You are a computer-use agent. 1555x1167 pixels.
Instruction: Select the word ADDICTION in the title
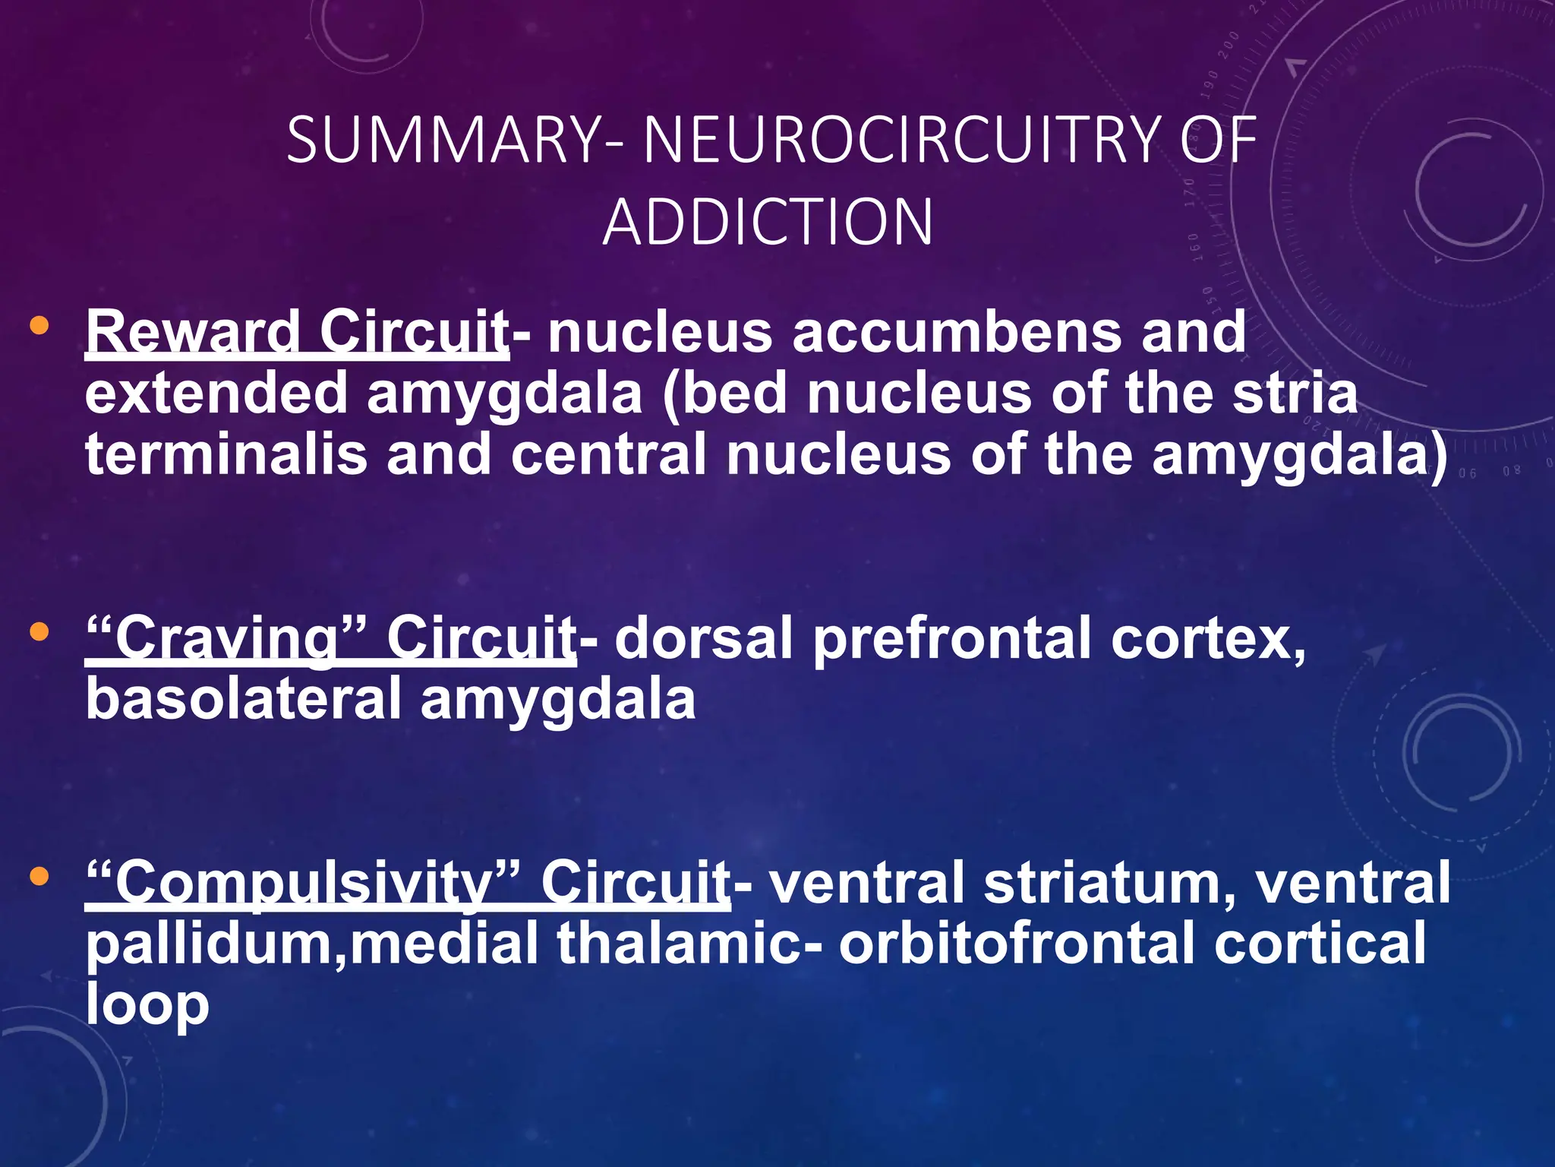click(x=768, y=222)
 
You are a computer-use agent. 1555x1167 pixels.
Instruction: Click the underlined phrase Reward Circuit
click(x=296, y=333)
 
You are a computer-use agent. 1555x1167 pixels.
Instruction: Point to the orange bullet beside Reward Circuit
click(x=39, y=327)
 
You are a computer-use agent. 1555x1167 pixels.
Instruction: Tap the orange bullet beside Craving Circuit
click(x=39, y=631)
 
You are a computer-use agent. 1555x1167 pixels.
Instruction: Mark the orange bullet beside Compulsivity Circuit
click(x=39, y=878)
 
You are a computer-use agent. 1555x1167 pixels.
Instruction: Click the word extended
click(x=216, y=394)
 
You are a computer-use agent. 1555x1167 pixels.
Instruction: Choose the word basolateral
click(x=243, y=700)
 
